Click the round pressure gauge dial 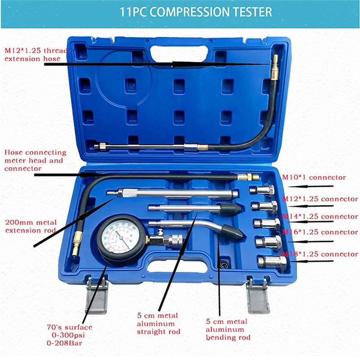[x=120, y=239]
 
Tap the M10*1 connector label [x=314, y=177]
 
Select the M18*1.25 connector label [x=320, y=254]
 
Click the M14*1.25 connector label [x=320, y=216]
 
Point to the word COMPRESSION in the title [x=194, y=12]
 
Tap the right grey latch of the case [x=258, y=295]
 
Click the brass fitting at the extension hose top [x=274, y=61]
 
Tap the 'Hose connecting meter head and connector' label [x=35, y=160]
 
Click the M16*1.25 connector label [x=320, y=232]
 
